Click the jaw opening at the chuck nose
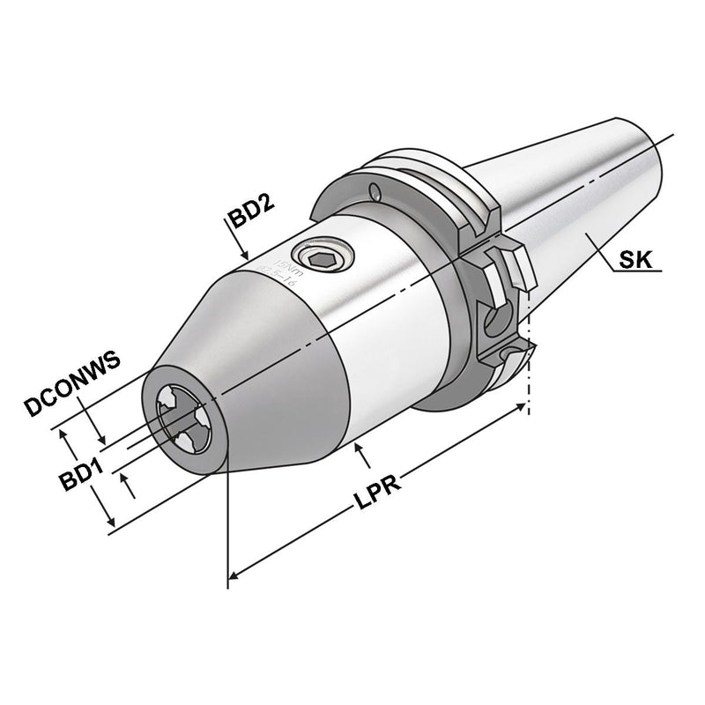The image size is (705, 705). tap(182, 418)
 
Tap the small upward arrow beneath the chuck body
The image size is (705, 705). tap(358, 451)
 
